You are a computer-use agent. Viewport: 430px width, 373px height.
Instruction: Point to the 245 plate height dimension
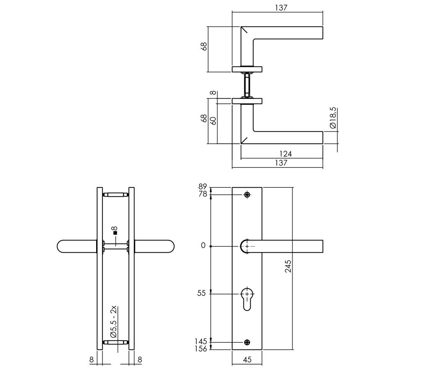tap(288, 266)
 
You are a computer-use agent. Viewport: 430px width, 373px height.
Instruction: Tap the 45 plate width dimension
tap(247, 360)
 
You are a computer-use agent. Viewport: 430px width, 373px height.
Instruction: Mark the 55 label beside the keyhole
tap(202, 293)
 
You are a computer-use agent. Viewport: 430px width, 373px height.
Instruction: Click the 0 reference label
tap(203, 246)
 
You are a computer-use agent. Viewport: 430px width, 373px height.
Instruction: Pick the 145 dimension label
tap(201, 342)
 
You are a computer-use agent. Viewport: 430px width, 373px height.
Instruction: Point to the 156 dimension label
tap(201, 349)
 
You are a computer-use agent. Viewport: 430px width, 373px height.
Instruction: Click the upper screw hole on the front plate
tap(247, 195)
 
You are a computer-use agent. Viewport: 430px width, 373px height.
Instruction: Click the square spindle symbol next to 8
tap(115, 233)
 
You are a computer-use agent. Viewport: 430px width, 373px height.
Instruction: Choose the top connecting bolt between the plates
tap(115, 195)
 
